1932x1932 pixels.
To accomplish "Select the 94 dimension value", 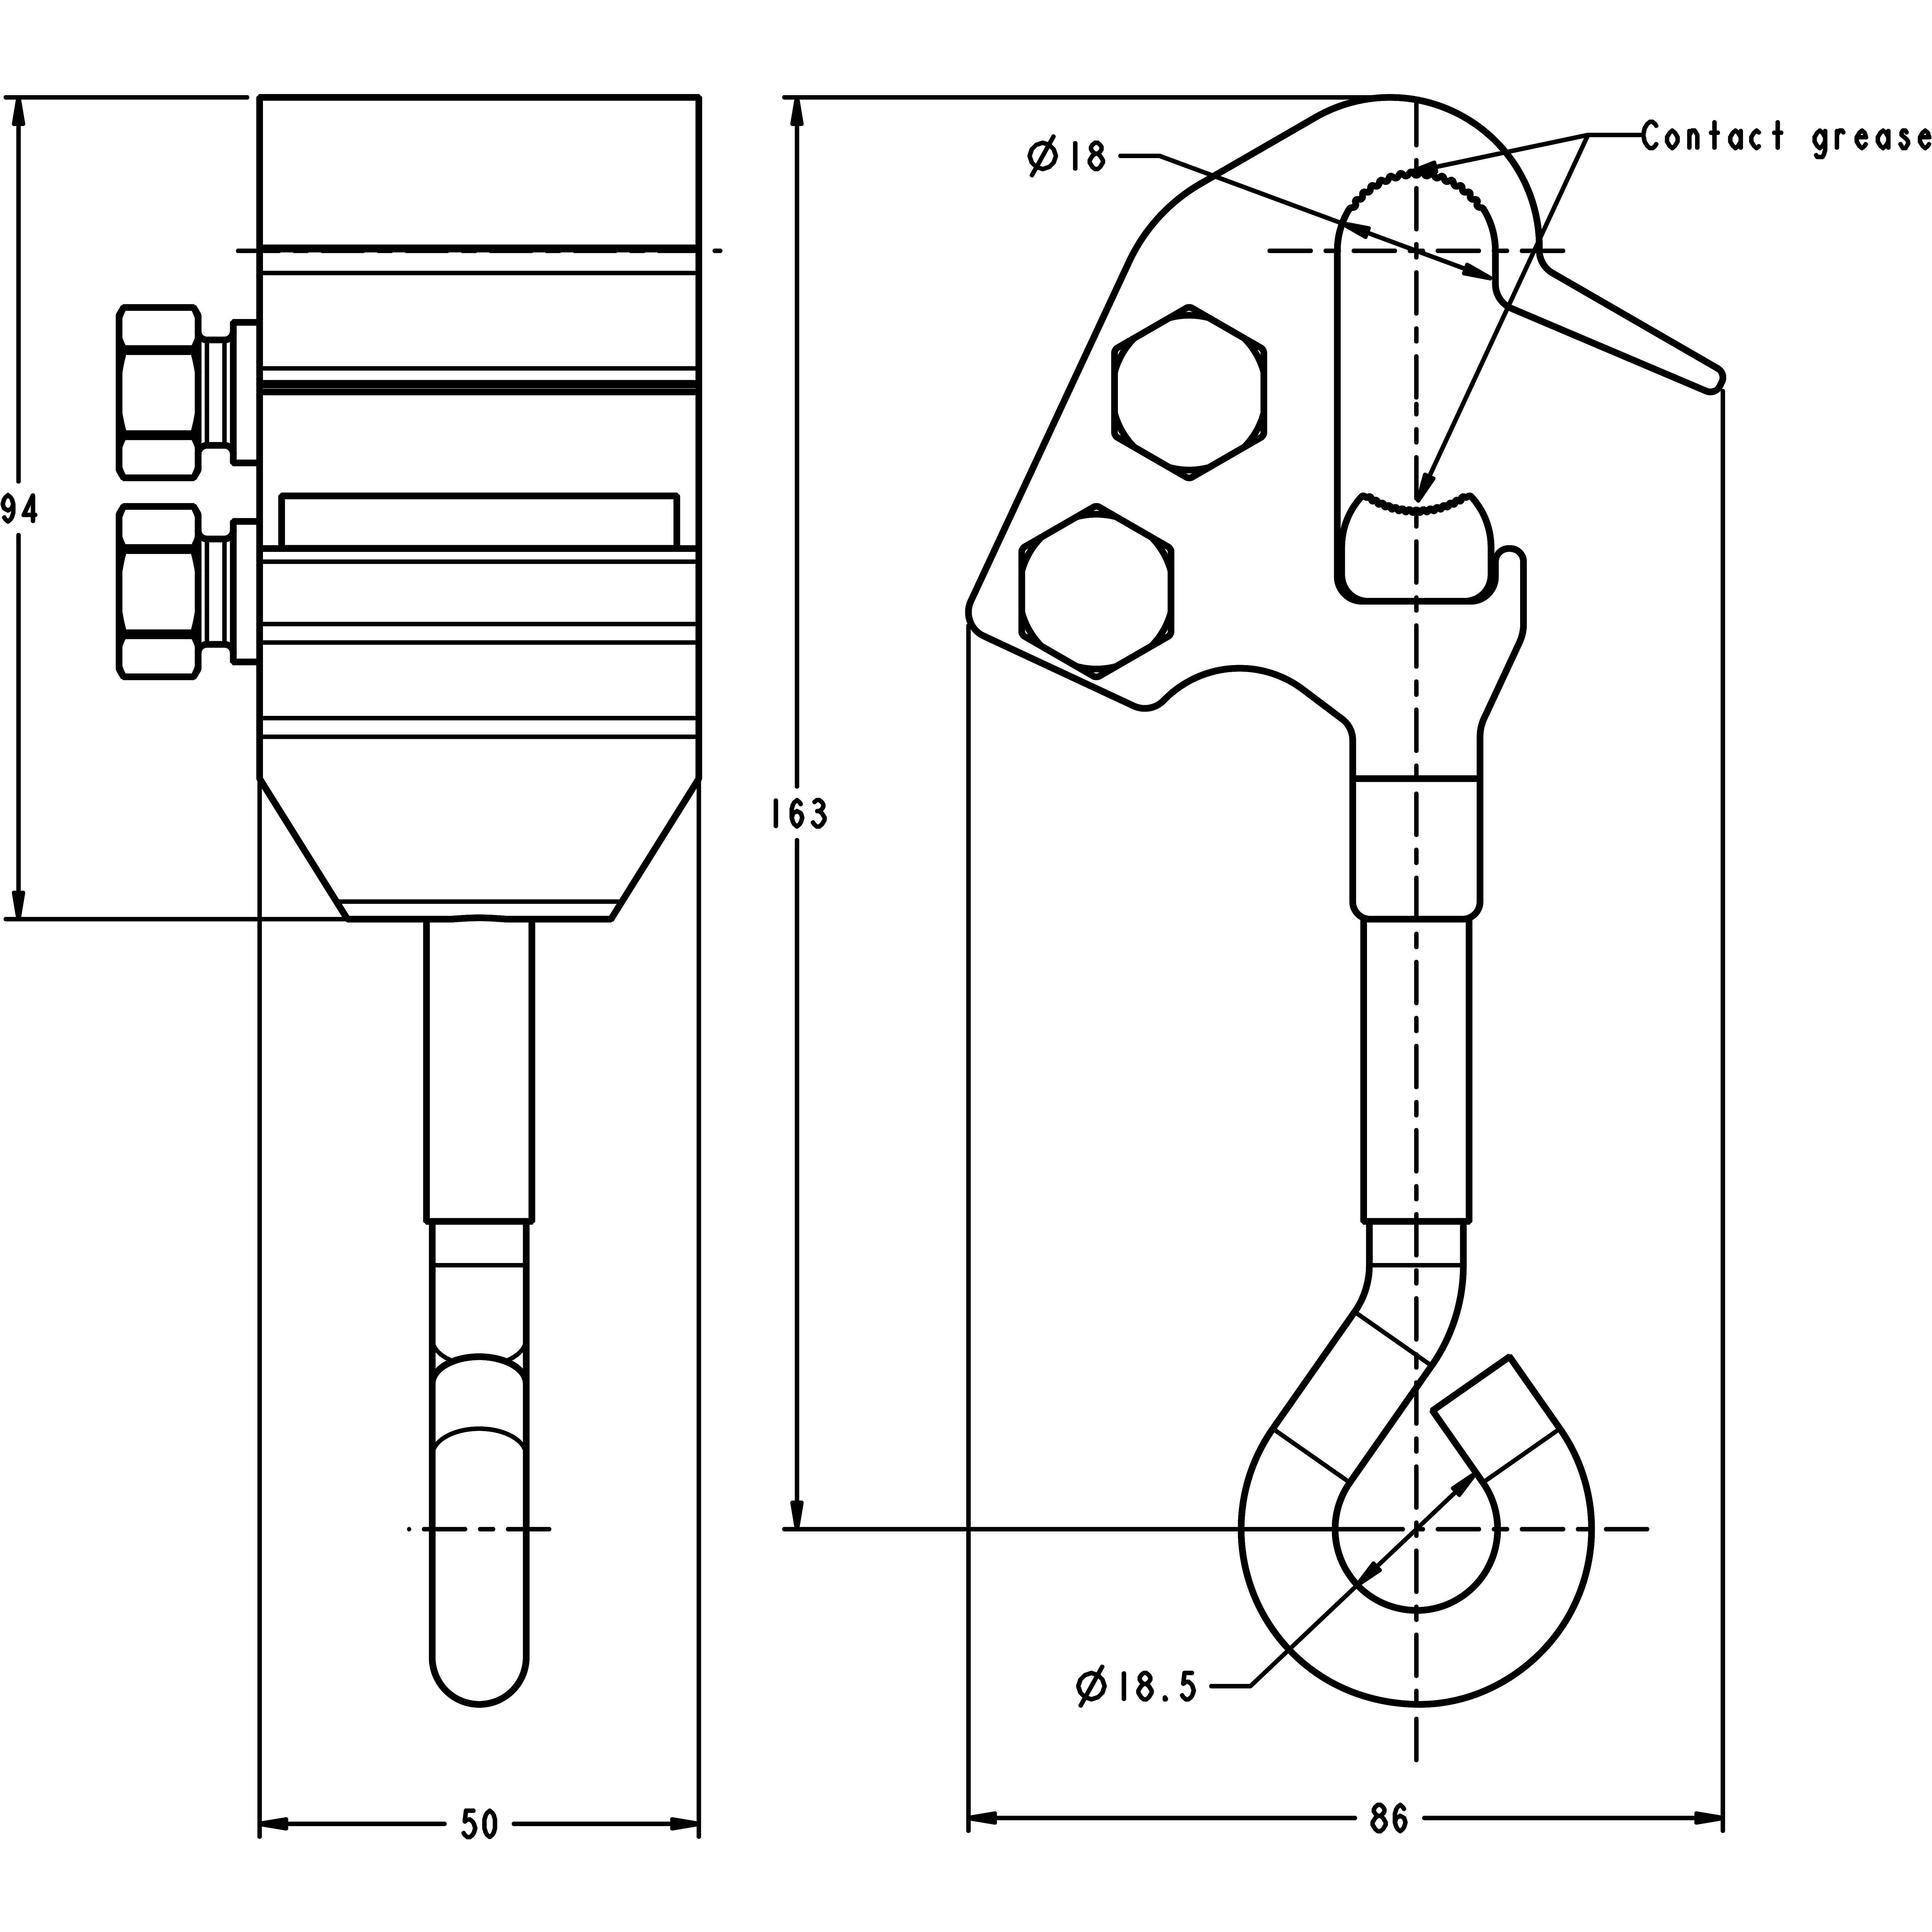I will point(18,510).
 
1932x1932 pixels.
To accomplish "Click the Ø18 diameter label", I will point(1068,157).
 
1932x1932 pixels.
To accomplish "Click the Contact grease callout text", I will point(1785,137).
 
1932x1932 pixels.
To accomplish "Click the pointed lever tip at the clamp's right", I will point(1712,378).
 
